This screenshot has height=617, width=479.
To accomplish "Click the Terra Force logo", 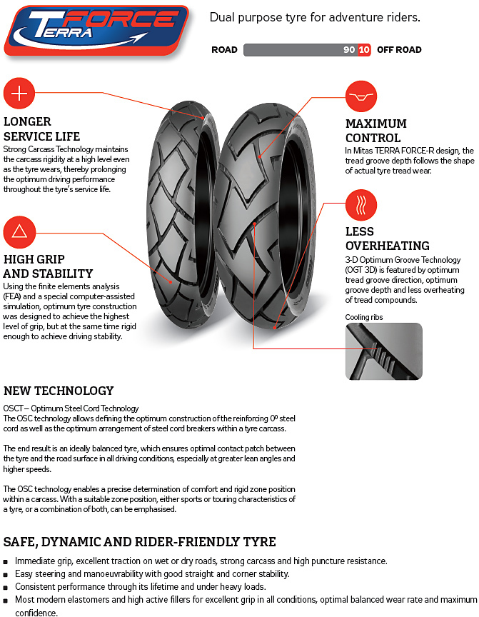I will [96, 31].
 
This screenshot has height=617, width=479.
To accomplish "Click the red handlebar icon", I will [361, 97].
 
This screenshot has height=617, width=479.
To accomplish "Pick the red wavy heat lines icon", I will [360, 205].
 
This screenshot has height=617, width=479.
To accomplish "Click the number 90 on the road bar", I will [348, 50].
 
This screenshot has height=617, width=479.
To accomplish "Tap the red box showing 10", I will [364, 50].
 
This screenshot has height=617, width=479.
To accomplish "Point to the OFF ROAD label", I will [399, 50].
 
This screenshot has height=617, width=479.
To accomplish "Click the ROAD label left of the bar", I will [224, 50].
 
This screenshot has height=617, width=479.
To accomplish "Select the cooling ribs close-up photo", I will [383, 351].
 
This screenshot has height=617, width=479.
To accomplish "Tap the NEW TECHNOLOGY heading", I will [59, 391].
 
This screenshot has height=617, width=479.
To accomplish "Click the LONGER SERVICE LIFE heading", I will [41, 129].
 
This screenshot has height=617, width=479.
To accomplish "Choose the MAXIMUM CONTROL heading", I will [376, 131].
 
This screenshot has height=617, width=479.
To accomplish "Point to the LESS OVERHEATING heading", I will [387, 239].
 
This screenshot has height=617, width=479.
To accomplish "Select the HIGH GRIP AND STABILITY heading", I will [48, 266].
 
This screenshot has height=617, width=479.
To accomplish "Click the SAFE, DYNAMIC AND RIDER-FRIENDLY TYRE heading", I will [140, 542].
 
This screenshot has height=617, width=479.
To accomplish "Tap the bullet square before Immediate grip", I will [6, 562].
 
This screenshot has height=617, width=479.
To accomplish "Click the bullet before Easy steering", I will [6, 575].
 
